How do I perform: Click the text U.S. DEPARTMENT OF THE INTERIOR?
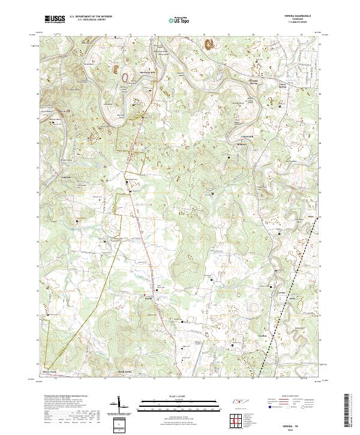89,17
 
